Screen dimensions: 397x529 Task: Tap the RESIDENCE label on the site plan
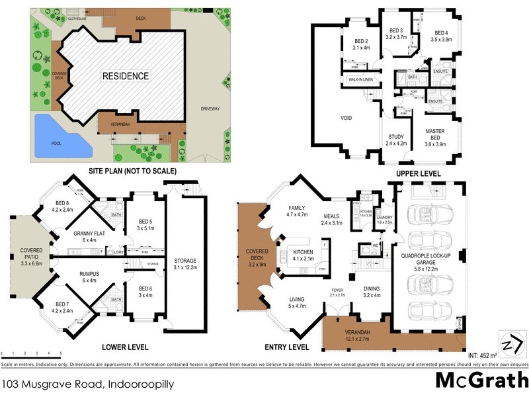125,76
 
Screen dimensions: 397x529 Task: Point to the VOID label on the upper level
346,118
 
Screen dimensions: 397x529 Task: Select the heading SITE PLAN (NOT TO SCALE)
133,171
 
